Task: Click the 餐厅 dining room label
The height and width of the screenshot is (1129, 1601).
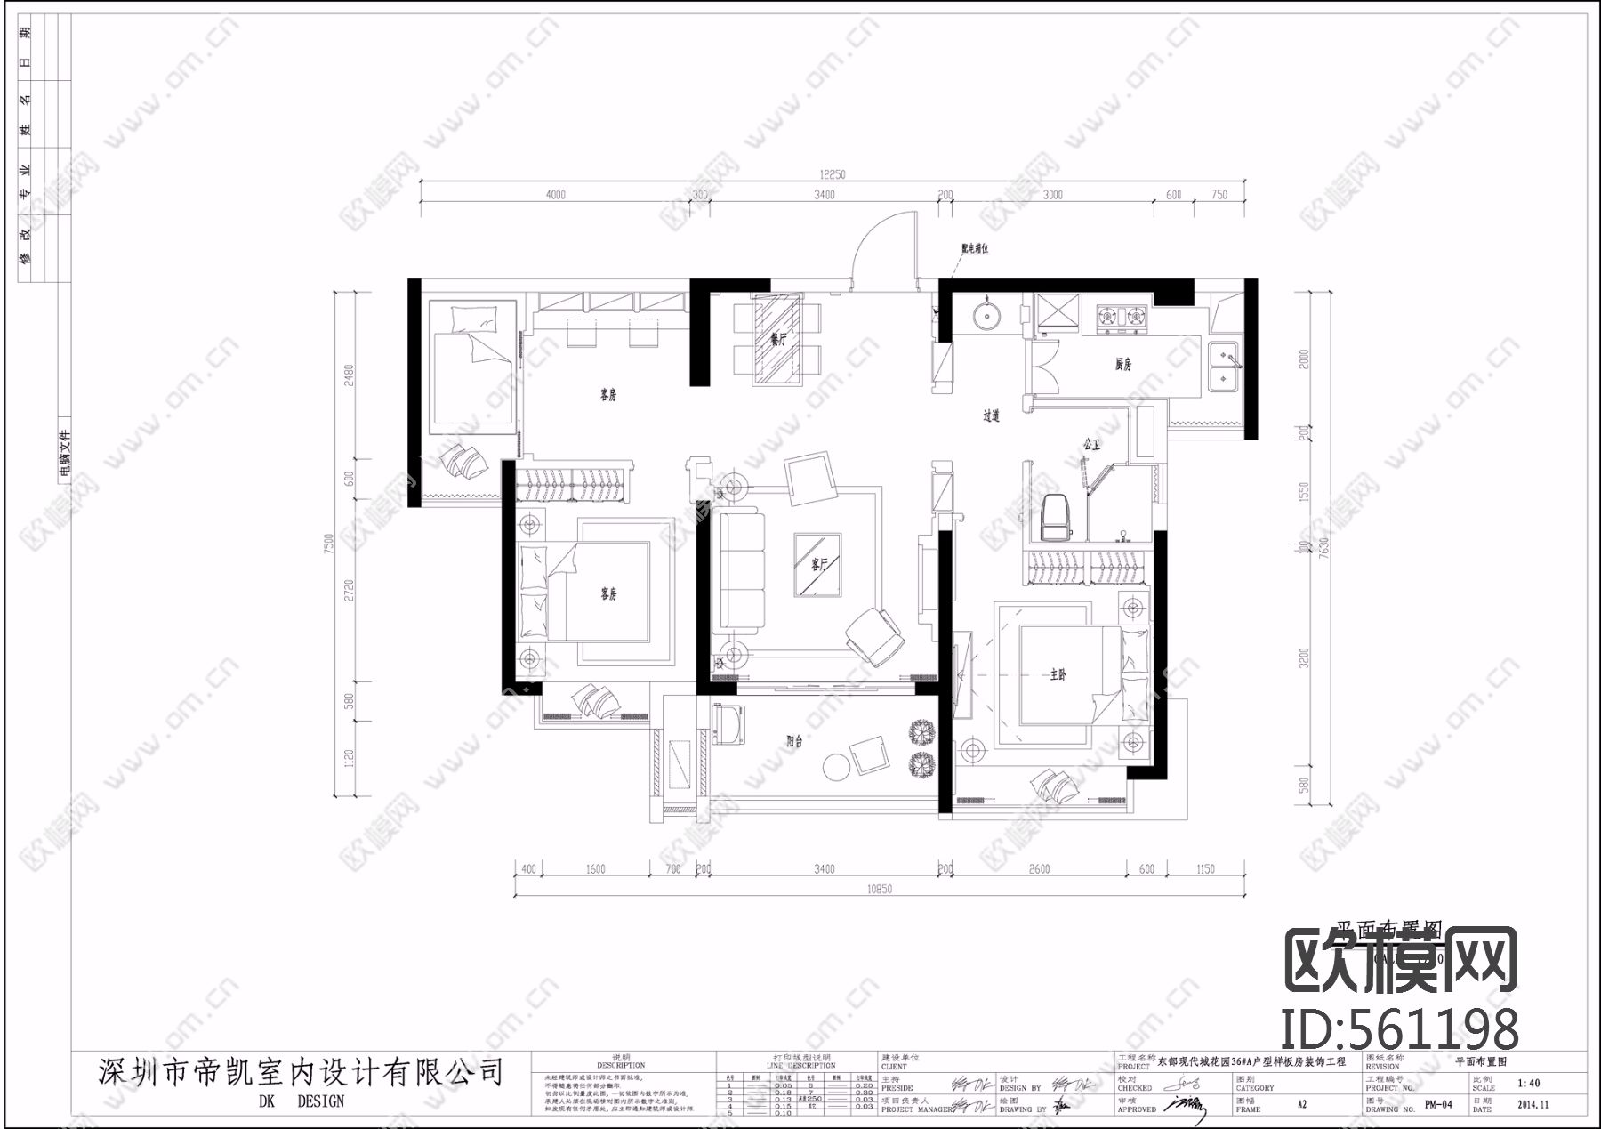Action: tap(779, 339)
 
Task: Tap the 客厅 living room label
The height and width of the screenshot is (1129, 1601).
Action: tap(819, 565)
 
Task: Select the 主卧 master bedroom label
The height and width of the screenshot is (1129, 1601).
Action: tap(1058, 676)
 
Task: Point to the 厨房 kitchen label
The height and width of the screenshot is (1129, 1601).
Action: tap(1123, 364)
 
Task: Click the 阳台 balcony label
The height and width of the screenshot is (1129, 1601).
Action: tap(794, 741)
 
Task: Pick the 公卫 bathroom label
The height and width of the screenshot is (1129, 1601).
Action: tap(1090, 443)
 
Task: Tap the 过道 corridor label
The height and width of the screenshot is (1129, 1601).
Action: tap(991, 415)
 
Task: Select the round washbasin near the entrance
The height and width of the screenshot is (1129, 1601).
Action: tap(985, 316)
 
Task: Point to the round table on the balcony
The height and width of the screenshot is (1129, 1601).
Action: tap(836, 766)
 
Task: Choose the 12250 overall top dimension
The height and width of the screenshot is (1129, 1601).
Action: tap(833, 175)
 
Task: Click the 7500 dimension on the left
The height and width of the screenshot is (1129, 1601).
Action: tap(329, 543)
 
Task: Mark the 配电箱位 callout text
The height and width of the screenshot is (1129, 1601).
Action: tap(974, 249)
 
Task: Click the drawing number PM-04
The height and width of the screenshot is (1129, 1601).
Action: tap(1437, 1105)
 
